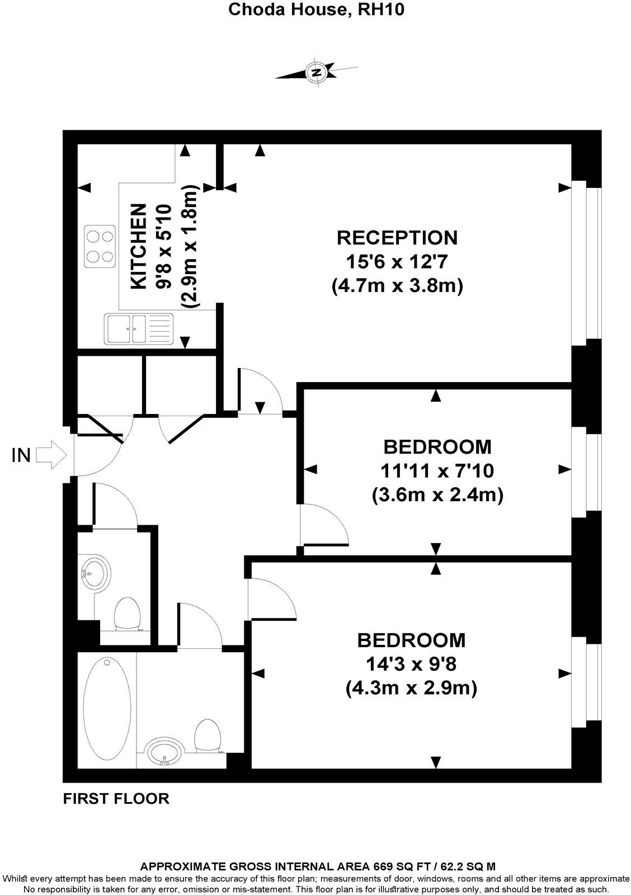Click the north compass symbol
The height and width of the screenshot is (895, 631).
tap(317, 72)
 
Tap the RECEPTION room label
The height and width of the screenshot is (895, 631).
tap(397, 237)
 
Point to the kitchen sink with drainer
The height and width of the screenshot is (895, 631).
tap(139, 328)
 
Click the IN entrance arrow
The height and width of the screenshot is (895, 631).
tap(51, 454)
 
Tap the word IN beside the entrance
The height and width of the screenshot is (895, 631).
tap(21, 455)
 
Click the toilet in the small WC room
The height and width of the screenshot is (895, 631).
tap(127, 614)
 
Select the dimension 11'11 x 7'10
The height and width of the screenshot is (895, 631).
tap(437, 471)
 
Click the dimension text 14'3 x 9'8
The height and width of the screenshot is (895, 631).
tap(412, 663)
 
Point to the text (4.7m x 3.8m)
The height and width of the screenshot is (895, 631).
tap(397, 286)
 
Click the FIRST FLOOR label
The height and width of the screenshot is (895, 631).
tap(116, 798)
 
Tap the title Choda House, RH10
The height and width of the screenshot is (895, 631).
tap(316, 10)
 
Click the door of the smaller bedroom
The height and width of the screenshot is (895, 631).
tap(323, 524)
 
